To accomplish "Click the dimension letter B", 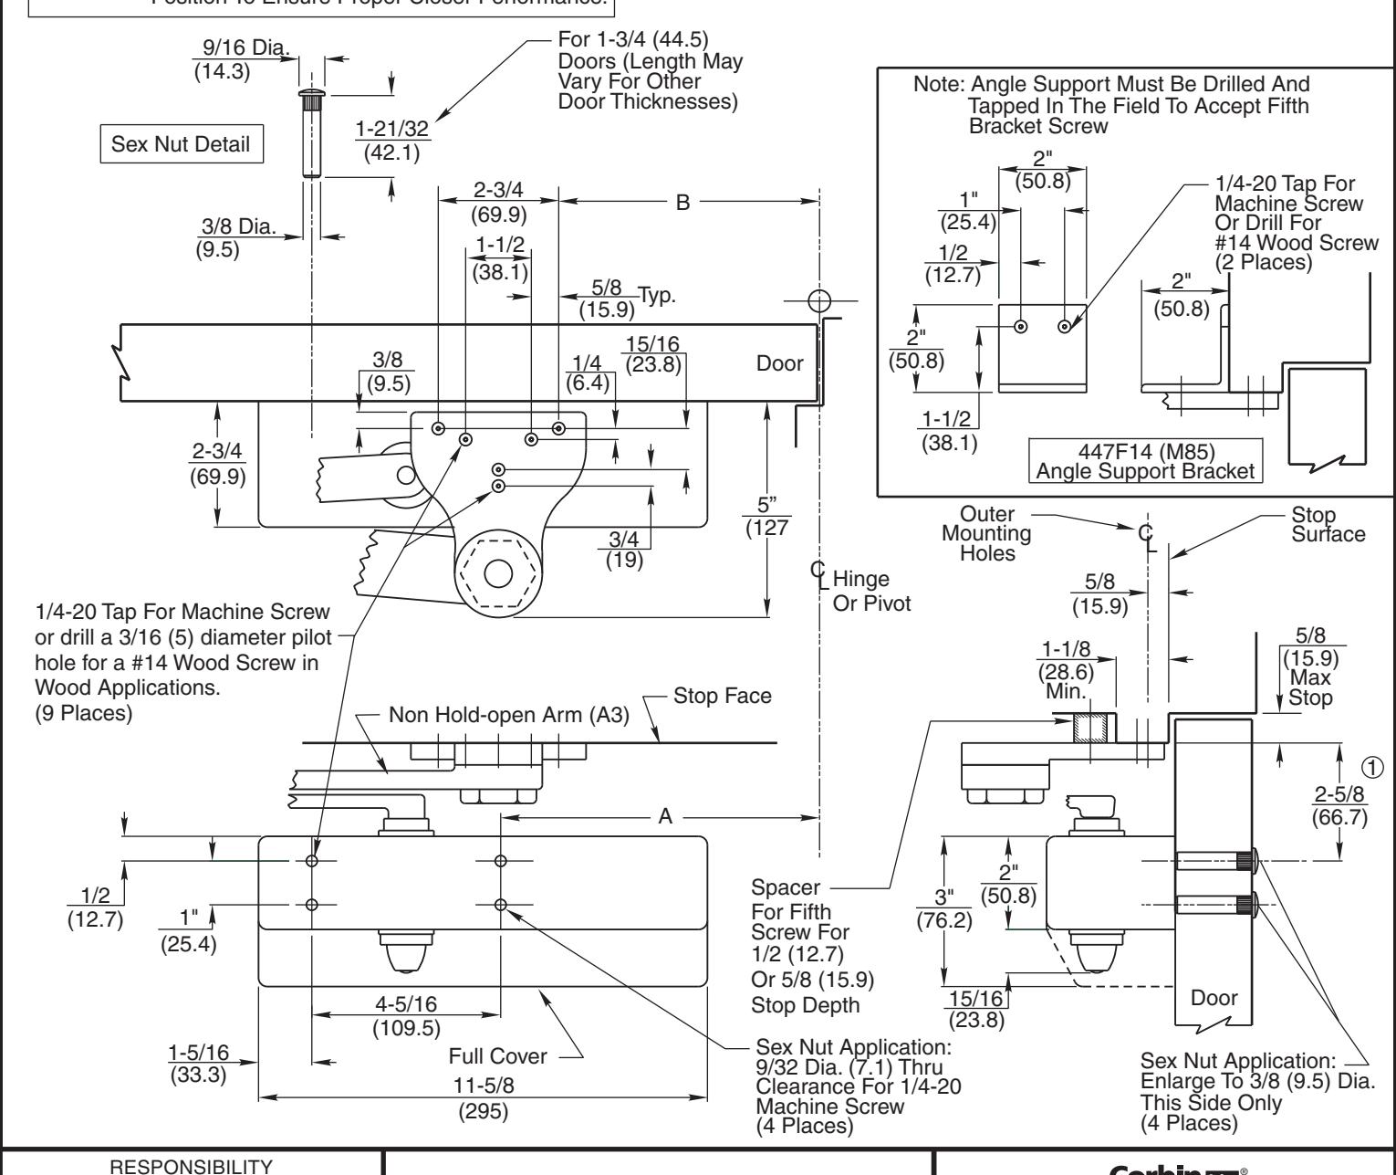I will tap(682, 203).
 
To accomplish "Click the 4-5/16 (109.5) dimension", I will tap(406, 1013).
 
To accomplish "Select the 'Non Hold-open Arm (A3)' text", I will tap(509, 714).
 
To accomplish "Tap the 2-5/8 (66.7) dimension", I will tap(1339, 807).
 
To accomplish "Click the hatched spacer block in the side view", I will tap(1090, 728).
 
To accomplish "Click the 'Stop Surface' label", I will tap(1328, 524).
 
